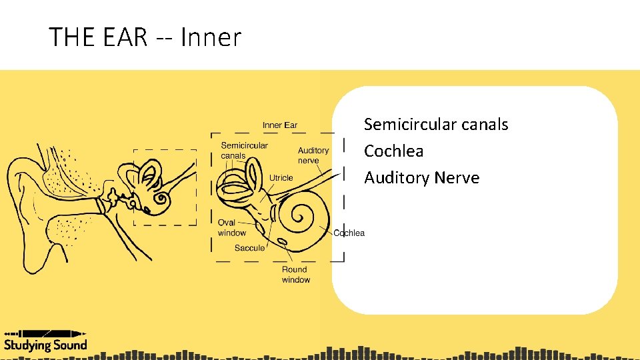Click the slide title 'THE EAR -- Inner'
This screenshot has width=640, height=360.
[145, 37]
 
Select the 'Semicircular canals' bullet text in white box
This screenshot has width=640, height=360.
[436, 125]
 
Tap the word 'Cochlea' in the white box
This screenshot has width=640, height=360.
[393, 151]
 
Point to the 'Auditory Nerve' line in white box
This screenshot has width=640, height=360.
[421, 178]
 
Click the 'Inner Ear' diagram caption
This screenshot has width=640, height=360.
[280, 125]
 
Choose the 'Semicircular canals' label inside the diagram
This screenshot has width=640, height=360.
[244, 151]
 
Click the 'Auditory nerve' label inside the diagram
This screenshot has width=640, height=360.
[313, 155]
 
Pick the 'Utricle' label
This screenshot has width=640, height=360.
[281, 178]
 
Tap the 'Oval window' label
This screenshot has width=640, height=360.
[231, 227]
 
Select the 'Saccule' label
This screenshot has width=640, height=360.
[249, 248]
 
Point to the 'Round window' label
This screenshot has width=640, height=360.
[295, 275]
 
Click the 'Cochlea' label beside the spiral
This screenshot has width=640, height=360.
[349, 233]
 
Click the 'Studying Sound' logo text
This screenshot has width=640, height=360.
[45, 345]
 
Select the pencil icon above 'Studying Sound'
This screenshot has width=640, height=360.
[45, 333]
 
